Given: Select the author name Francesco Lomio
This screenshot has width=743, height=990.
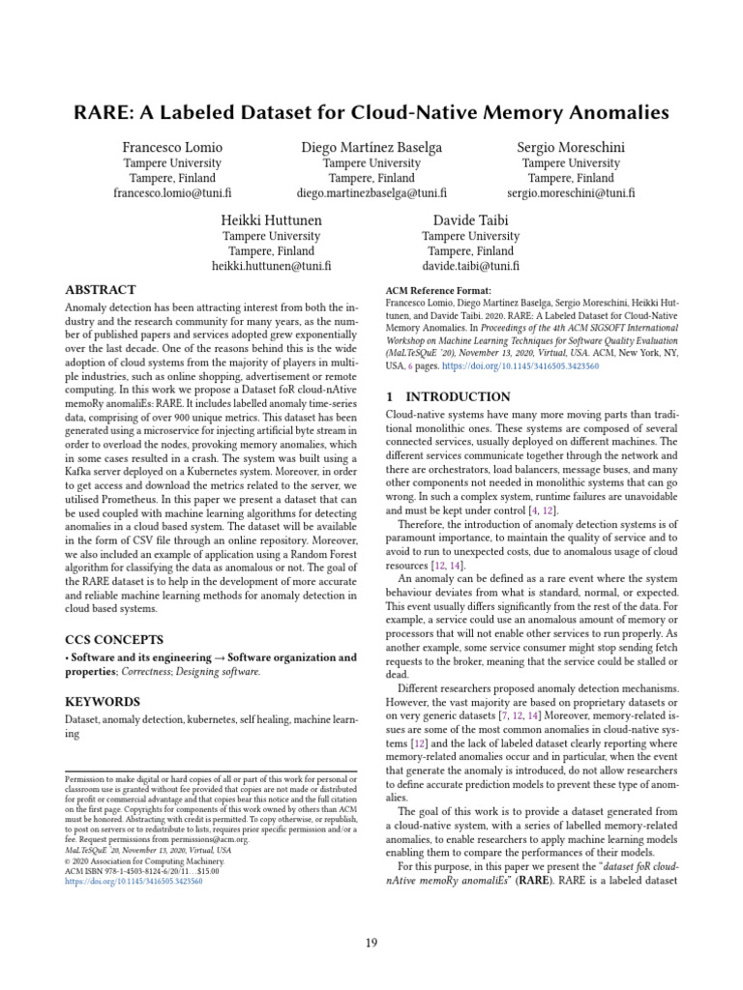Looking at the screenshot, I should pos(172,147).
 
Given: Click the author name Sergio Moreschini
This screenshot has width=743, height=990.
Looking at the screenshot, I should pos(571,147).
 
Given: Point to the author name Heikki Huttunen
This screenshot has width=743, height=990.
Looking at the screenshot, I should pos(272,219).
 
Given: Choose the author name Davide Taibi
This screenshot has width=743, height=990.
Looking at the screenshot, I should pos(470,219).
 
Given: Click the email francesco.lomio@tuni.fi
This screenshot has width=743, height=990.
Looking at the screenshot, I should pos(172,193).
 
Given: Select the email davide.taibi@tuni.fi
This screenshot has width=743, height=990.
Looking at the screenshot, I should pos(470,266).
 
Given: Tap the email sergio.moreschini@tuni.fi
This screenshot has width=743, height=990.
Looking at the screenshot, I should pos(571,193).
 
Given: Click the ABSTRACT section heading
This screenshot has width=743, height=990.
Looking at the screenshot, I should pos(100,290).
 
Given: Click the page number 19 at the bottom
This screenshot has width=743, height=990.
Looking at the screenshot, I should pos(371,943).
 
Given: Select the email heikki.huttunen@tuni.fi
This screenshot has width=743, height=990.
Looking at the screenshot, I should pos(272,266).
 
